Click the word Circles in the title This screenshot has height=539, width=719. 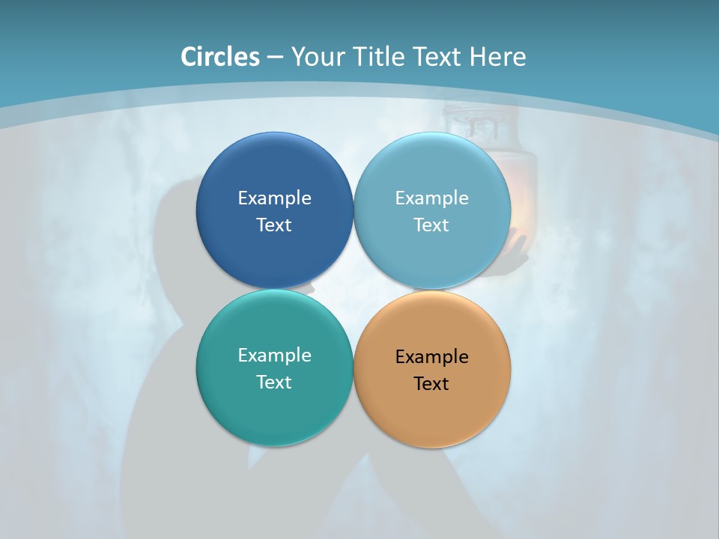click(220, 57)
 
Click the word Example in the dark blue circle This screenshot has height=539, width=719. click(274, 198)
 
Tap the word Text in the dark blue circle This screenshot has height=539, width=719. click(274, 225)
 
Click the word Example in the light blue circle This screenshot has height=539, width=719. click(431, 198)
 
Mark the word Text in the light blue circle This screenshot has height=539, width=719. click(431, 225)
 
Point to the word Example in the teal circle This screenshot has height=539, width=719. click(274, 355)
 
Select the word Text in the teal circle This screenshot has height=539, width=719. click(274, 382)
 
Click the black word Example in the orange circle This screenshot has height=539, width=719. click(431, 356)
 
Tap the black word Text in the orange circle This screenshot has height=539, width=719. click(431, 383)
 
